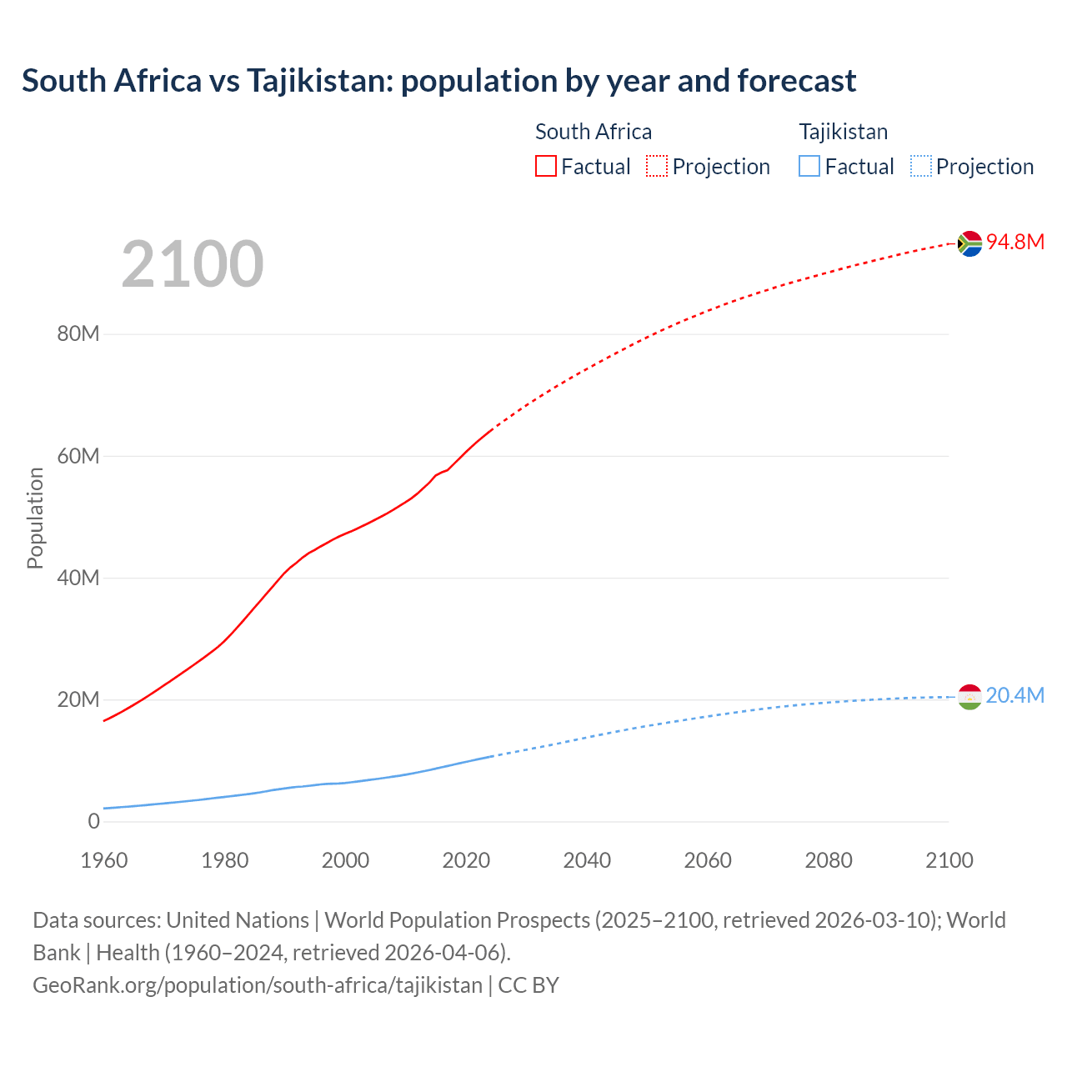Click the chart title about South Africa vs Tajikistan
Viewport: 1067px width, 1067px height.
coord(438,81)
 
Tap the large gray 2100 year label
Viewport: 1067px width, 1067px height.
coord(193,264)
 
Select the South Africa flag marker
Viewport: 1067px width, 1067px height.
coord(969,243)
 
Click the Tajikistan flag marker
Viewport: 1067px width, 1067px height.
coord(969,696)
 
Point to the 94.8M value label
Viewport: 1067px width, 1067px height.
coord(1014,242)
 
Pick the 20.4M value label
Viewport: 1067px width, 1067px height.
coord(1014,695)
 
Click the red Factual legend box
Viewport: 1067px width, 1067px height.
coord(545,167)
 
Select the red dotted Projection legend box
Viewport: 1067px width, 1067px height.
coord(657,167)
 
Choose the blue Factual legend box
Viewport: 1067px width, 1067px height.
coord(809,167)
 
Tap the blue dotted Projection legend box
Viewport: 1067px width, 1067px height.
coord(920,167)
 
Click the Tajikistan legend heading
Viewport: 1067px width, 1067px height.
coord(843,132)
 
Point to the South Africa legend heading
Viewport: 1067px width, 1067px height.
coord(593,132)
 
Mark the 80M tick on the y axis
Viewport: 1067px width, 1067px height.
coord(78,334)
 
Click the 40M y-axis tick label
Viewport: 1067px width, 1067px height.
coord(78,578)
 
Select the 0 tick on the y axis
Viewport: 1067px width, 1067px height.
coord(93,821)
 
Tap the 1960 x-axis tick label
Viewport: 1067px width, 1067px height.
coord(104,860)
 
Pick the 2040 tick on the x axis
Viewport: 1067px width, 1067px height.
coord(587,860)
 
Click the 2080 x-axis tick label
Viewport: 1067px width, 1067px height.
coord(829,860)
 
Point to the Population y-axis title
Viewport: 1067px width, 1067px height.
coord(35,518)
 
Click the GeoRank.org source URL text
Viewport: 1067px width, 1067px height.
coord(258,985)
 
